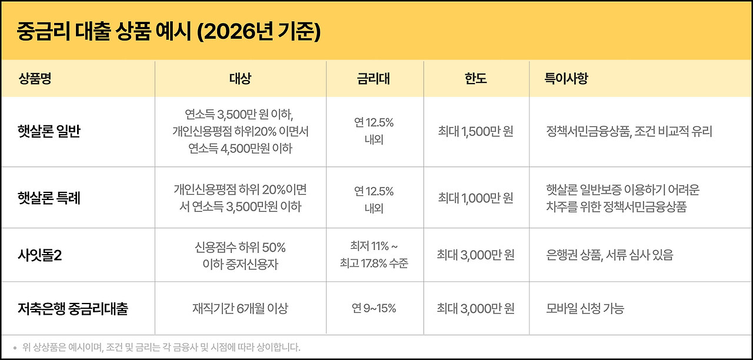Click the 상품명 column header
(35, 79)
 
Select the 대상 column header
(241, 79)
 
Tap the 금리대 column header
(374, 79)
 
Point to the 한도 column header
(476, 79)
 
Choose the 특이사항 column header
(567, 79)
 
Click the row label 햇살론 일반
(49, 131)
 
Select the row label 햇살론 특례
(49, 198)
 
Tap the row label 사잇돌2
(39, 255)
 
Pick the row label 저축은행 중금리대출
(73, 309)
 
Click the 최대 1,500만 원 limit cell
(476, 131)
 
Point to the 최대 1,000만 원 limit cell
(476, 198)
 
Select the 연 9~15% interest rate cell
(374, 308)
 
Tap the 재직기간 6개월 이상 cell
(241, 308)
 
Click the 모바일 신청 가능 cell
(585, 308)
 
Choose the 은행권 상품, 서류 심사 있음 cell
(610, 255)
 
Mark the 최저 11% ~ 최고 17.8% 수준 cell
(374, 255)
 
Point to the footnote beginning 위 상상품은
(161, 347)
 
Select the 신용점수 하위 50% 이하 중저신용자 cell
(241, 256)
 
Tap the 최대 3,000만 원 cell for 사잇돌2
(476, 255)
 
